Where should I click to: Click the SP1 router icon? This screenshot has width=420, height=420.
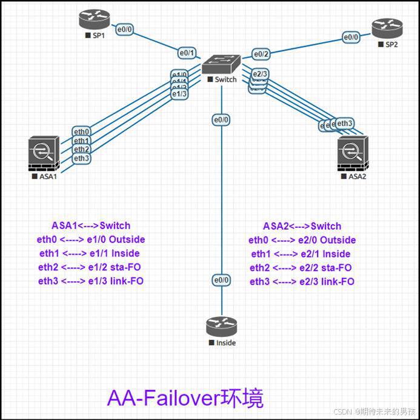point(92,19)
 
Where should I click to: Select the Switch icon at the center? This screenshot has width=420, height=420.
point(221,63)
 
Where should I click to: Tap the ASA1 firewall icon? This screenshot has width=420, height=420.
point(43,153)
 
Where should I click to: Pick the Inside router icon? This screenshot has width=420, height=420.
point(221,327)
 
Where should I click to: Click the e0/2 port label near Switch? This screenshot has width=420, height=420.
point(261,55)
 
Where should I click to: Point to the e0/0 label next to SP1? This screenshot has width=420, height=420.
point(124,29)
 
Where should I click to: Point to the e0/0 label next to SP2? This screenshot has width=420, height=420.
point(351,38)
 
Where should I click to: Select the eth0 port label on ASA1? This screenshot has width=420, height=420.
point(81,132)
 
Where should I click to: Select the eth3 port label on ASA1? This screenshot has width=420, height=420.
point(81,158)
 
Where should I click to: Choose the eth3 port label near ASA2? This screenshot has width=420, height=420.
point(345,124)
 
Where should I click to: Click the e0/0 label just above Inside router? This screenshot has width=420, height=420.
point(221,280)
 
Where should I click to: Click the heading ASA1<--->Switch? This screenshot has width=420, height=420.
point(91,225)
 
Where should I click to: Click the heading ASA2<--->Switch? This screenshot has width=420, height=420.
point(302,226)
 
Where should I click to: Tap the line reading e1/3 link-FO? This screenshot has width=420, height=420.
point(91,281)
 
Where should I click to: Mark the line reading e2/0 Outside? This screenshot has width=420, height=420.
point(302,240)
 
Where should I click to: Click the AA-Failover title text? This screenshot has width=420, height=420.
point(185,398)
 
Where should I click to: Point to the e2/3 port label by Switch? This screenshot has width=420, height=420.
point(260,75)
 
